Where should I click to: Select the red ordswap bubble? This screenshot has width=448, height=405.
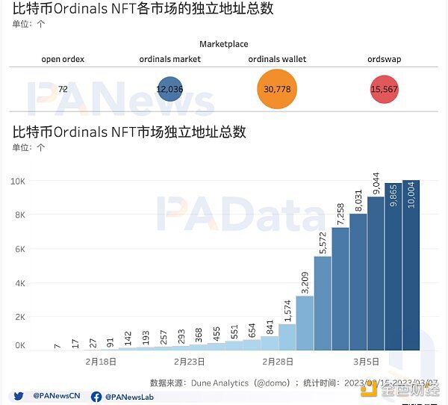[384, 89]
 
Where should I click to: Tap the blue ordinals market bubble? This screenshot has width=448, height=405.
[169, 89]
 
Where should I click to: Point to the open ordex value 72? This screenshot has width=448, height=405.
[63, 89]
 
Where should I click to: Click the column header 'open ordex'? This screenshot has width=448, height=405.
[62, 59]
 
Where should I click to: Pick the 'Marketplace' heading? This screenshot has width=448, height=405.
[223, 44]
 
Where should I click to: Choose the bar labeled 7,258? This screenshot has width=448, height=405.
[340, 288]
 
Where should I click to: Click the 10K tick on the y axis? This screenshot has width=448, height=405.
[18, 182]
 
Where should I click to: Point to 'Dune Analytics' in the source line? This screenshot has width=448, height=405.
[220, 382]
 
